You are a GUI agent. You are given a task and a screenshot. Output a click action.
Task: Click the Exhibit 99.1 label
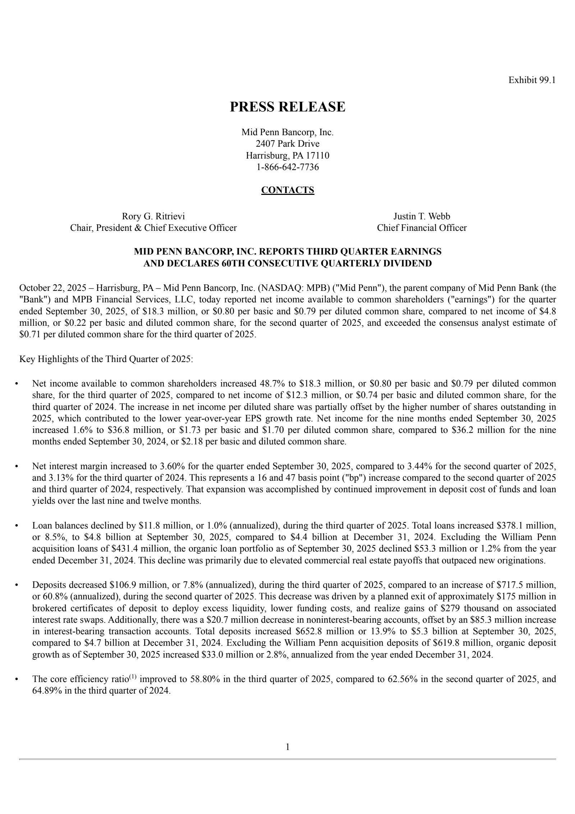click(532, 80)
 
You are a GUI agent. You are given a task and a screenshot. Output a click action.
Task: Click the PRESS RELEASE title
click(287, 107)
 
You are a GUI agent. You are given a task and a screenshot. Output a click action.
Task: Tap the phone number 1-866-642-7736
click(287, 167)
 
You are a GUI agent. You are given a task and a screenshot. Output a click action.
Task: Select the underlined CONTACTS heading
click(287, 190)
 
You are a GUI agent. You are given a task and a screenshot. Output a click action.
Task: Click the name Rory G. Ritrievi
click(153, 216)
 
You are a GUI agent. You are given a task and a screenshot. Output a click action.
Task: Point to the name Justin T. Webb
click(422, 216)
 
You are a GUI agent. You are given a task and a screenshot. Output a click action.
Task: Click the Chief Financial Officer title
click(422, 228)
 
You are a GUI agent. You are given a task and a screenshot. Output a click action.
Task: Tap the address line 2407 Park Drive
click(287, 144)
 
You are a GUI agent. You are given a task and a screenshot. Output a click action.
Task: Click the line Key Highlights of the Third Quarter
click(106, 359)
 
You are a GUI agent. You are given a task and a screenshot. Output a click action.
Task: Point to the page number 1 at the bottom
click(287, 747)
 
